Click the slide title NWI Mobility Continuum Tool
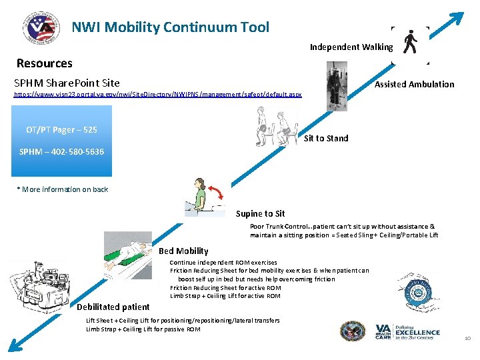pyautogui.click(x=171, y=27)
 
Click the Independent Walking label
pyautogui.click(x=351, y=47)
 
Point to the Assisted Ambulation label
pyautogui.click(x=414, y=85)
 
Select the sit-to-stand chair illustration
pyautogui.click(x=276, y=127)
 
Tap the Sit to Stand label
pyautogui.click(x=326, y=139)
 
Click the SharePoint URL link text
pyautogui.click(x=158, y=95)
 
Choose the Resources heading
pyautogui.click(x=44, y=64)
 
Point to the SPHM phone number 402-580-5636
pyautogui.click(x=61, y=153)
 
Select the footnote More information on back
pyautogui.click(x=63, y=190)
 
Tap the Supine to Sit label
pyautogui.click(x=260, y=214)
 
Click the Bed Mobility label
pyautogui.click(x=183, y=251)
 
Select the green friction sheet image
pyautogui.click(x=131, y=256)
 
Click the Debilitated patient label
pyautogui.click(x=113, y=307)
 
